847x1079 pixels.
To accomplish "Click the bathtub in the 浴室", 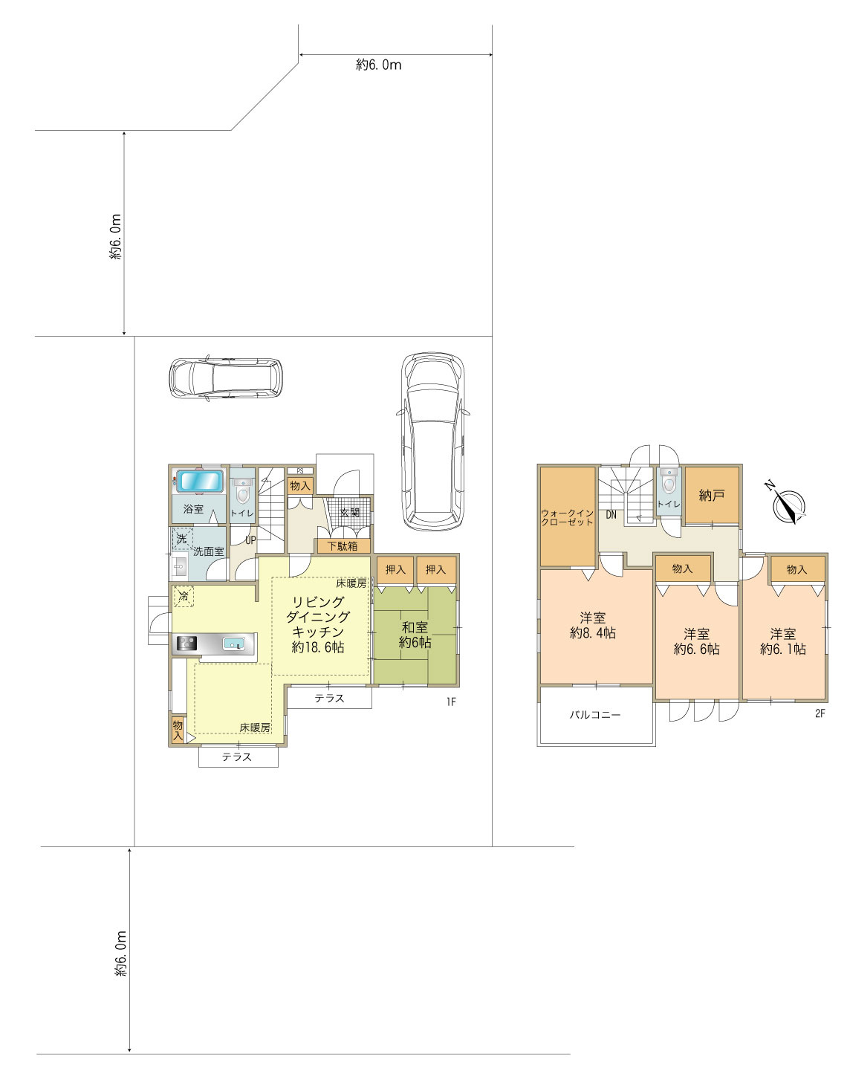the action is pos(199,481).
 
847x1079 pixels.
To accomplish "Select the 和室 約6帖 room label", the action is pos(415,635).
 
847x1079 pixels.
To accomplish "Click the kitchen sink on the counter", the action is pos(233,644).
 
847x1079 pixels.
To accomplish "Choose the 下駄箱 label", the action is pos(343,546).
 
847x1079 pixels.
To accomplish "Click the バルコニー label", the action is pos(595,715).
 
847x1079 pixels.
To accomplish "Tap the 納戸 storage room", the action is pos(712,495).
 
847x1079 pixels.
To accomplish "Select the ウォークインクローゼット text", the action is pos(568,517).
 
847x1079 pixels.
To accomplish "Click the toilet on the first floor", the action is pos(243,491).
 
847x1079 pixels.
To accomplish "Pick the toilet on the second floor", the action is pos(669,482).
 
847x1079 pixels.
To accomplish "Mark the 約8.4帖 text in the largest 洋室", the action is pos(593,633).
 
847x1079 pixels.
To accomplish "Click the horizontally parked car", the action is pos(226,378).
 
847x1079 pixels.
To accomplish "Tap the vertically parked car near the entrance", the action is pos(433,441).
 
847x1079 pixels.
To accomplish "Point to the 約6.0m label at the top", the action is pos(378,65).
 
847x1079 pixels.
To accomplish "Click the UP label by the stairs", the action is pos(250,540).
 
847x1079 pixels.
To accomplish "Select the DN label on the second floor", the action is pos(611,515).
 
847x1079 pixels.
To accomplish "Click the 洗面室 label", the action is pos(209,551).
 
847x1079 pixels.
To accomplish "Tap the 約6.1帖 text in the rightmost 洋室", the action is pos(783,649).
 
